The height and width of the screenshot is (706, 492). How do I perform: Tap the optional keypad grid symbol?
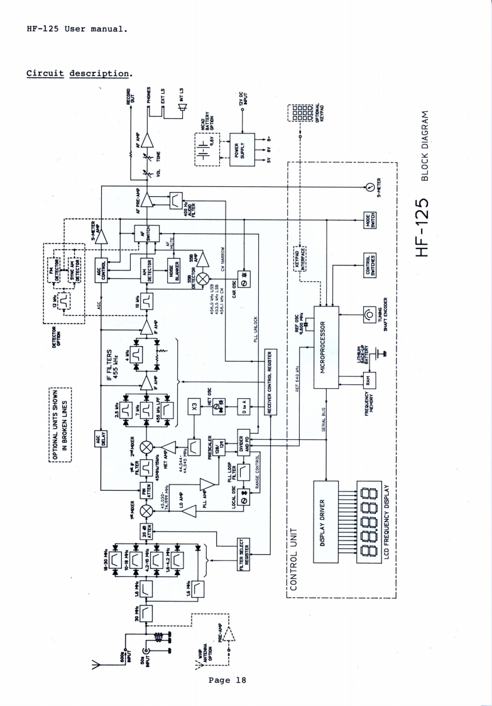pos(299,113)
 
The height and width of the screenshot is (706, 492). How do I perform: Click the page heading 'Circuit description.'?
pos(79,74)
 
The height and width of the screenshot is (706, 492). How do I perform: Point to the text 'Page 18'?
pos(227,680)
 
